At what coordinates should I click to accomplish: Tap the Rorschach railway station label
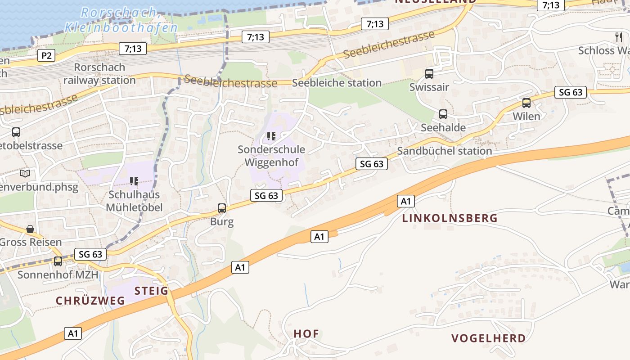[99, 74]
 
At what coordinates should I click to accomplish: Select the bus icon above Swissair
[429, 73]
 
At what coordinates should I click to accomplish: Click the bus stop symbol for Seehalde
[443, 114]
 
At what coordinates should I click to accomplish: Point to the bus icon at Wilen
[526, 103]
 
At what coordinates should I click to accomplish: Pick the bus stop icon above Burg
[222, 208]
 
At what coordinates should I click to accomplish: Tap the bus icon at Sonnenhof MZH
[58, 261]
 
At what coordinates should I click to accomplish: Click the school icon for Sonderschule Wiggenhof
[271, 136]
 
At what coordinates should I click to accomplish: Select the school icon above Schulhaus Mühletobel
[134, 181]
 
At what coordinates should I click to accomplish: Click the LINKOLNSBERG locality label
[450, 218]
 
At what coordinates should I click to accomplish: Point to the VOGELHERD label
[488, 338]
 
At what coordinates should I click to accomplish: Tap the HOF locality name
[306, 334]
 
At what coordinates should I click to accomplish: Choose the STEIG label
[151, 291]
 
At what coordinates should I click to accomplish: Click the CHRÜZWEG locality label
[90, 301]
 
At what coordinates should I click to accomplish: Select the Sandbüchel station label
[444, 151]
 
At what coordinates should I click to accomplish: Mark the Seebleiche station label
[337, 83]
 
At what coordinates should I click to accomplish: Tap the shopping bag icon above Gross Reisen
[30, 229]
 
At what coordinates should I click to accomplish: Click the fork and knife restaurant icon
[618, 37]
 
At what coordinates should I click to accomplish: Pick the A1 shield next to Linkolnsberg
[406, 201]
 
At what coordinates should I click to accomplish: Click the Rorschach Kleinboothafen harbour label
[121, 20]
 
